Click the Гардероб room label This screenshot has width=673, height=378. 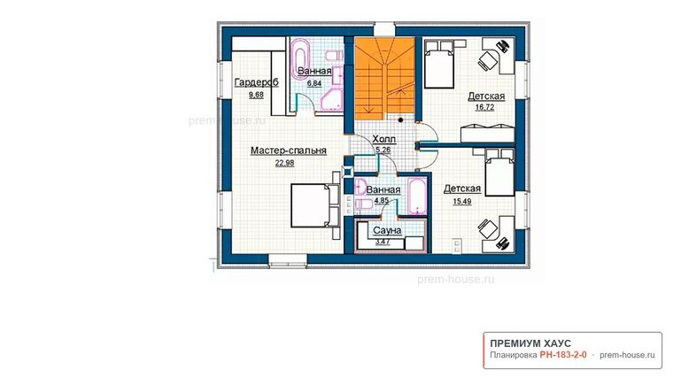coord(256,82)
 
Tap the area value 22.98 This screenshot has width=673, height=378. coord(284,163)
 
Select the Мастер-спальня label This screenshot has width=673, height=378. coord(289,150)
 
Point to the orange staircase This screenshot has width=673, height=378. coord(384,78)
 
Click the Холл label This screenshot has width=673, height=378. coord(383,139)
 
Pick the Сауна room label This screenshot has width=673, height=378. coord(387,230)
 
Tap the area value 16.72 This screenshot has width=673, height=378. coord(484,108)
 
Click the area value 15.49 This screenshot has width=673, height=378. coord(462,201)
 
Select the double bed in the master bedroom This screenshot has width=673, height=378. coord(315,205)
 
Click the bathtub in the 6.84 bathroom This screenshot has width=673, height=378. coord(300,58)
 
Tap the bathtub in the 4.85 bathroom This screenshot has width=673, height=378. coord(417,196)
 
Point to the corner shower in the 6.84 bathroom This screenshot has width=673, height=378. coord(332,99)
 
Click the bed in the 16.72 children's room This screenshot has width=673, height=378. coord(439,65)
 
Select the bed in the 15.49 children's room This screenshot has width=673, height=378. coord(499,173)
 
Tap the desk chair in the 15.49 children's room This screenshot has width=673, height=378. coord(488,228)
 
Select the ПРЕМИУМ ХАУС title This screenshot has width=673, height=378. coord(530,343)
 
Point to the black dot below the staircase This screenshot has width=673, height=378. coord(400,120)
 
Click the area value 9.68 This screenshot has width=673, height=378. coord(256,95)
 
